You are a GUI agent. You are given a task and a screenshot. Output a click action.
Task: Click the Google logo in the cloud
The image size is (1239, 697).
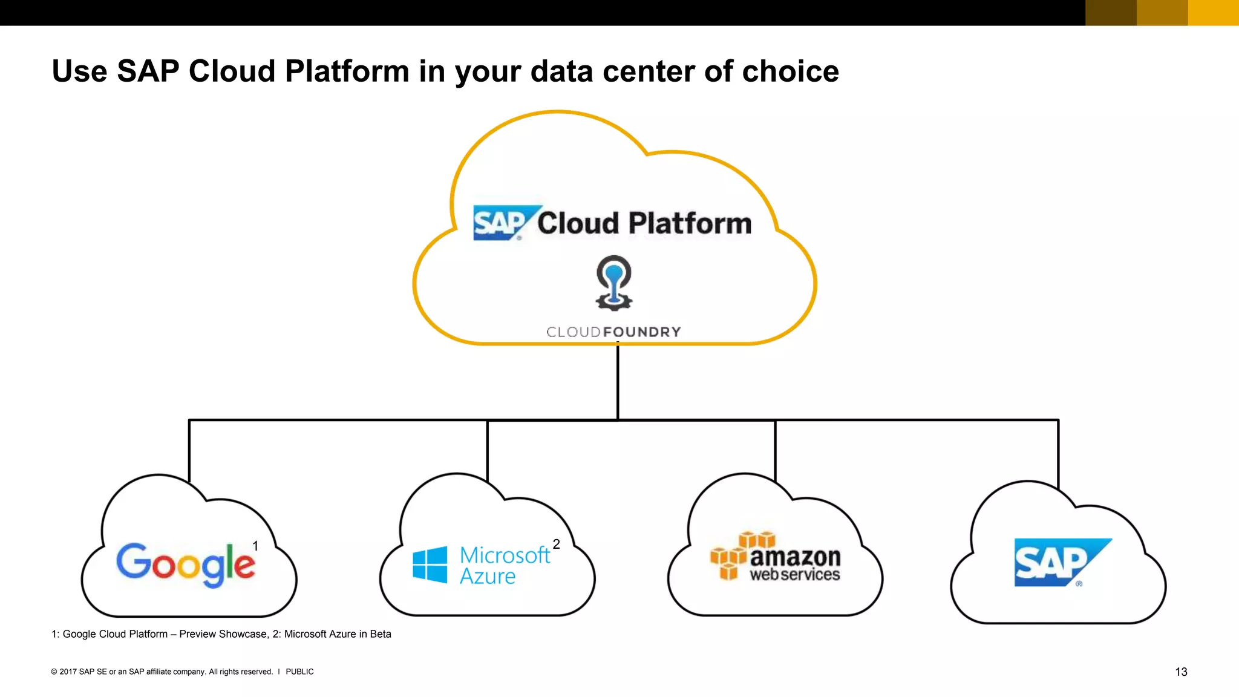click(x=185, y=564)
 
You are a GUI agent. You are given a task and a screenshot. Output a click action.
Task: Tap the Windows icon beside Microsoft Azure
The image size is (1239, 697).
click(x=430, y=564)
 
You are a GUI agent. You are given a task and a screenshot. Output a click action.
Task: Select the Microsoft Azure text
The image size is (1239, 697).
click(x=504, y=565)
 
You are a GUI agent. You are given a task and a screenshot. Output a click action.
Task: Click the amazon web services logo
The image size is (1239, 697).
click(x=776, y=557)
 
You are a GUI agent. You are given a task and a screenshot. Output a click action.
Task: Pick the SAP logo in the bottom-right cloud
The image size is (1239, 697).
click(x=1062, y=562)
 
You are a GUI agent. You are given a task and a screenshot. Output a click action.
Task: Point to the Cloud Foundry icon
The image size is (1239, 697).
click(x=614, y=283)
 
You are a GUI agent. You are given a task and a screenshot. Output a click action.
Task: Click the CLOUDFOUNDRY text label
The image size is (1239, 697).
click(x=613, y=332)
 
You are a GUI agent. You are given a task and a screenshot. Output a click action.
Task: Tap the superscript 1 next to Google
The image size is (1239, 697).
click(x=255, y=546)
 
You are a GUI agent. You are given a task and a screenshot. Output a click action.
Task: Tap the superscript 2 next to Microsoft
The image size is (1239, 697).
click(x=556, y=544)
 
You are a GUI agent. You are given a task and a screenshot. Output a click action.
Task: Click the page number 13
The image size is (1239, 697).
click(x=1181, y=672)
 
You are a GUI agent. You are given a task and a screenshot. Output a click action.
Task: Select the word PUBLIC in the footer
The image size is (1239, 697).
click(x=299, y=672)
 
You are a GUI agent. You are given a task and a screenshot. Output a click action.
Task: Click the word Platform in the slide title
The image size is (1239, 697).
click(x=347, y=71)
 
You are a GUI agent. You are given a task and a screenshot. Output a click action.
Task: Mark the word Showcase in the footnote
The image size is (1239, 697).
click(x=244, y=634)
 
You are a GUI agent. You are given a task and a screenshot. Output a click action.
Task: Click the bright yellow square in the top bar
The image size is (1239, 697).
click(x=1213, y=13)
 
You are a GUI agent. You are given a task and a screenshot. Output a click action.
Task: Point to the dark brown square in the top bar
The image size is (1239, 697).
click(x=1111, y=13)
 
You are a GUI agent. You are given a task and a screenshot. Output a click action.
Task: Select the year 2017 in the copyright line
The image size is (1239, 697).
click(x=68, y=672)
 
